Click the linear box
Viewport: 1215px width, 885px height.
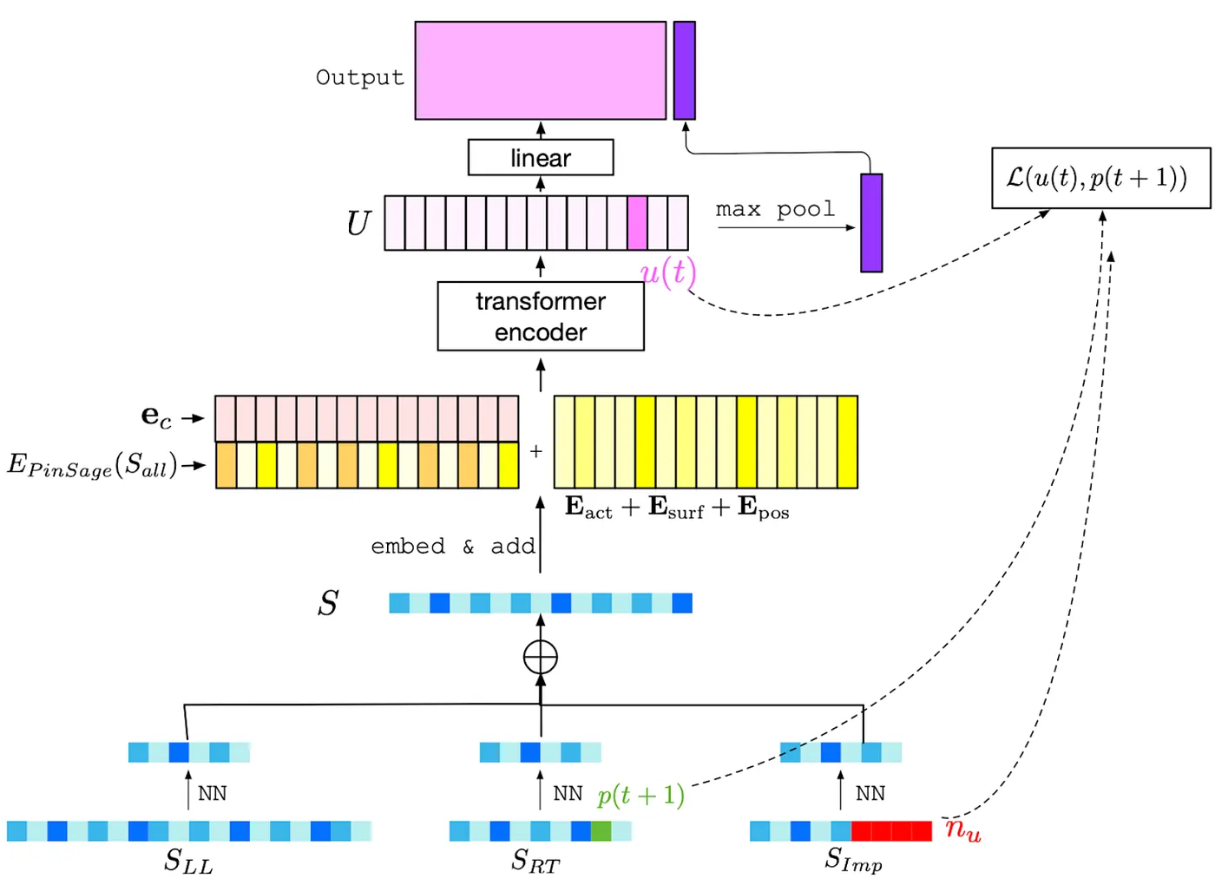[541, 158]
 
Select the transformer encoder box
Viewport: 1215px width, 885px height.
[541, 316]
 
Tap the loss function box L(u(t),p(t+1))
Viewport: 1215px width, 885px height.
[1100, 178]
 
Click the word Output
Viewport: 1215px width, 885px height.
[360, 77]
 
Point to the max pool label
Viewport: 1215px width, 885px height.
[775, 210]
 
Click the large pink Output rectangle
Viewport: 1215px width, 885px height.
[540, 70]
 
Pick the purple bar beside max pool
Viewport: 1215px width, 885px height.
[871, 223]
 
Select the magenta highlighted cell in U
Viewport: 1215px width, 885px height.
[637, 223]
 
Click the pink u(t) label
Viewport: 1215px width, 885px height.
[668, 272]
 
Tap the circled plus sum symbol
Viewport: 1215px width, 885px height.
[541, 657]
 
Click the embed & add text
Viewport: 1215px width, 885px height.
[453, 547]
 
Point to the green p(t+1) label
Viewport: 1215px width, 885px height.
[640, 795]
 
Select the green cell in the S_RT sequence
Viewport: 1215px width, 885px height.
[601, 830]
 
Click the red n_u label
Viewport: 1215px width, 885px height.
[962, 829]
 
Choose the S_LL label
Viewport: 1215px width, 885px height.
[188, 861]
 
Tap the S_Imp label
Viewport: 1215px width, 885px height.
[853, 860]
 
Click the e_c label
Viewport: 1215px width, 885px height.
[157, 417]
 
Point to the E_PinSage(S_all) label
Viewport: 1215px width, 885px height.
[92, 465]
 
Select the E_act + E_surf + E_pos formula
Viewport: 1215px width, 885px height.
[677, 508]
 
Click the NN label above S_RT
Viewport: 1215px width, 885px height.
[568, 794]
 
